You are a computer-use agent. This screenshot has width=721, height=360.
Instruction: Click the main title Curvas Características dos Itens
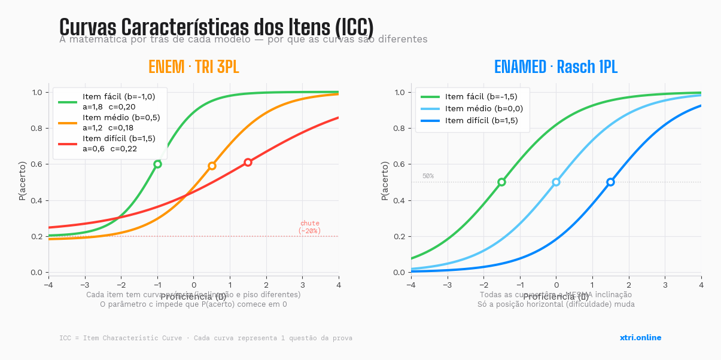(216, 27)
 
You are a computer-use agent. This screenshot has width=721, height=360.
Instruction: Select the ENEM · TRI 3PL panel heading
(193, 67)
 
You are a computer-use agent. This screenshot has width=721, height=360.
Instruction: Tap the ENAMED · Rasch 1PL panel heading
(555, 67)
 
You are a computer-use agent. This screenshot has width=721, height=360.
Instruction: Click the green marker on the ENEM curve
(157, 164)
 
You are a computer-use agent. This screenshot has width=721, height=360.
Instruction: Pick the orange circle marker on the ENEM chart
(212, 166)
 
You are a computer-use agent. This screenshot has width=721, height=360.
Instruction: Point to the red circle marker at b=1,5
(248, 162)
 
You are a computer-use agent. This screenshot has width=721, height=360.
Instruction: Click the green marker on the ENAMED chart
(501, 182)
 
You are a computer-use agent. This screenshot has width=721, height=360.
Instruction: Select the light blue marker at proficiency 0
(556, 182)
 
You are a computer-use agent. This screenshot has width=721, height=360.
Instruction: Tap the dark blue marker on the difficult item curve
(610, 182)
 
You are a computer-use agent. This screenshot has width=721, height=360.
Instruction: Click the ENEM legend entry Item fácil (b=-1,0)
(118, 96)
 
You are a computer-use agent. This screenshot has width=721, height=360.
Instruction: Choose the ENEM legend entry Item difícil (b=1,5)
(118, 138)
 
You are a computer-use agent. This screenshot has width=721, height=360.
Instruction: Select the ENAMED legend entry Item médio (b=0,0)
(484, 108)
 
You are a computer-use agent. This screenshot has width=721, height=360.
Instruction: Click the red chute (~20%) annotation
(309, 227)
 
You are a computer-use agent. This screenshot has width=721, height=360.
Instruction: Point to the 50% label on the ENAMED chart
(428, 176)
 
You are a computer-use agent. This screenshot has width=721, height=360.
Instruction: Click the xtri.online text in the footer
(640, 337)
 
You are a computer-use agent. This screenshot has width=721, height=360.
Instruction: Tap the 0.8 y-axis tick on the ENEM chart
(36, 128)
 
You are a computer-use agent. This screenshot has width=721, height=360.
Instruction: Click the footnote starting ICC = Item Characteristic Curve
(205, 338)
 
